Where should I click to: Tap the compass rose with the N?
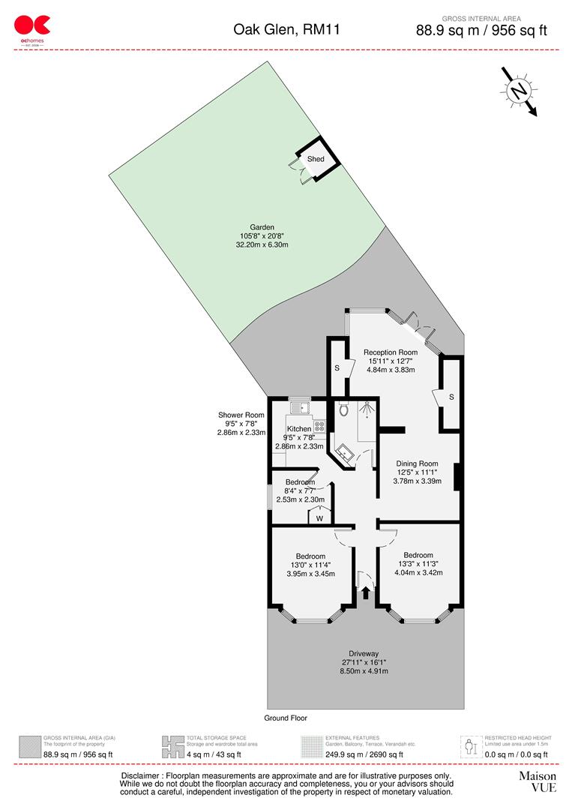point(518,91)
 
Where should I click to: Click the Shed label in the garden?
point(316,160)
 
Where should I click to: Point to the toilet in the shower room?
point(344,410)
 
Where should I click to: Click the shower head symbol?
point(367,410)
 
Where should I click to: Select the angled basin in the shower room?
point(346,453)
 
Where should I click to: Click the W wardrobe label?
point(319,517)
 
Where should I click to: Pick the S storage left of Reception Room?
point(337,368)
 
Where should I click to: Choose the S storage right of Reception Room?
point(451,396)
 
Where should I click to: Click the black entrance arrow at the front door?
point(366,593)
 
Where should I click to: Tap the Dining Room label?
point(417,463)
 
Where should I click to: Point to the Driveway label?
point(364,652)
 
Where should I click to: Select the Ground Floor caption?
point(286,718)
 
